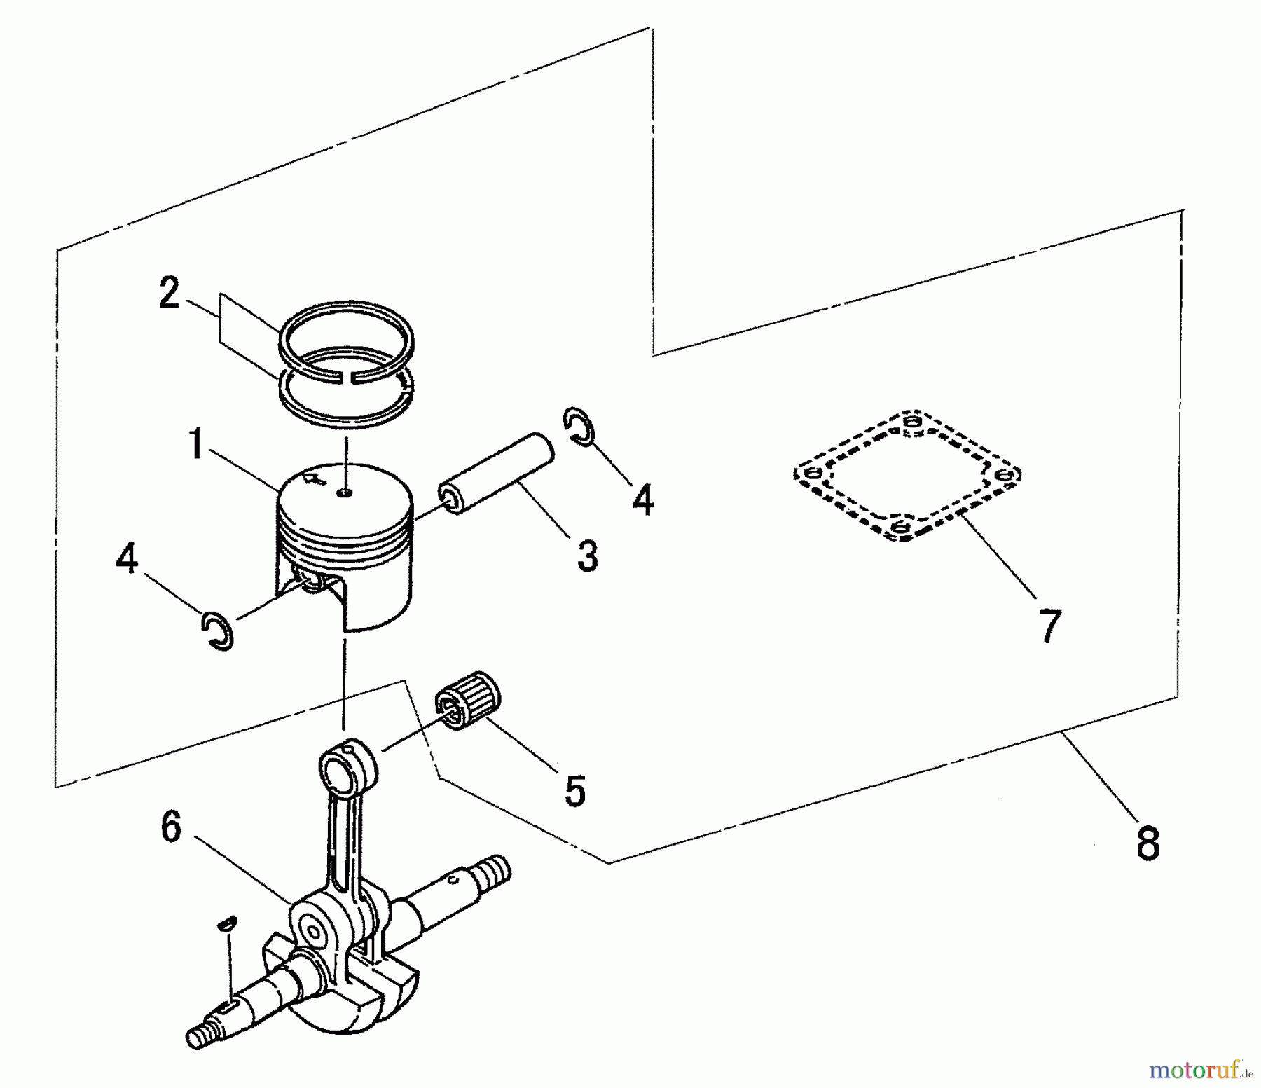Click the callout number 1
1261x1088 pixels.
(197, 445)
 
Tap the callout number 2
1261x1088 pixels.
(170, 293)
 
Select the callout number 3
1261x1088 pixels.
(587, 556)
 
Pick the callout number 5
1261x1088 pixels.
(574, 791)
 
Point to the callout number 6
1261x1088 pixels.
(172, 827)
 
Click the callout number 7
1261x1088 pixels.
(1049, 626)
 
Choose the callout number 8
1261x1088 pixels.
(1148, 843)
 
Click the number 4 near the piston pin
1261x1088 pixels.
(642, 500)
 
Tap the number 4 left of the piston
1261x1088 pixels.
(127, 560)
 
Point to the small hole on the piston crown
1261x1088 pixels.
(344, 493)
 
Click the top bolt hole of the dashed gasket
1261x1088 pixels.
(910, 422)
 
